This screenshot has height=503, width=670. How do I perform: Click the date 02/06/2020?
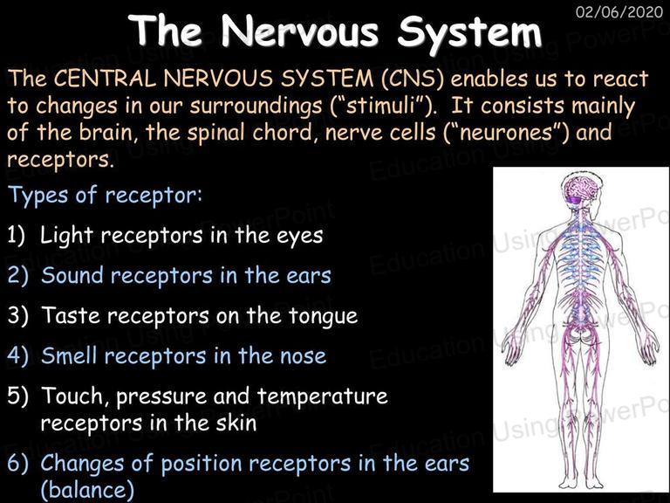click(619, 11)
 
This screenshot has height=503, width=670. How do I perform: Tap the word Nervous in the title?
click(300, 31)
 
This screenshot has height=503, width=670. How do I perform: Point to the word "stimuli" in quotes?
click(381, 106)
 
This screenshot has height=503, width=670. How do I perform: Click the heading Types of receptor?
click(105, 196)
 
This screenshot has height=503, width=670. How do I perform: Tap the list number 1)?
click(17, 235)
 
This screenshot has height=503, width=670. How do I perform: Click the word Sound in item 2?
click(72, 275)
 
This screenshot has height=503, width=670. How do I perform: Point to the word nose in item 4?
click(303, 357)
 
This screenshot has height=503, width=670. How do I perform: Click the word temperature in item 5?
click(322, 397)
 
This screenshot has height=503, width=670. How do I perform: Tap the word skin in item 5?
click(236, 423)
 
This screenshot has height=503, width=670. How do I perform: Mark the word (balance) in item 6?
click(87, 491)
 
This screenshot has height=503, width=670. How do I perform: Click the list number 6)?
click(17, 464)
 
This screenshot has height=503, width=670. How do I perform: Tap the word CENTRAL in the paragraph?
click(105, 79)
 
